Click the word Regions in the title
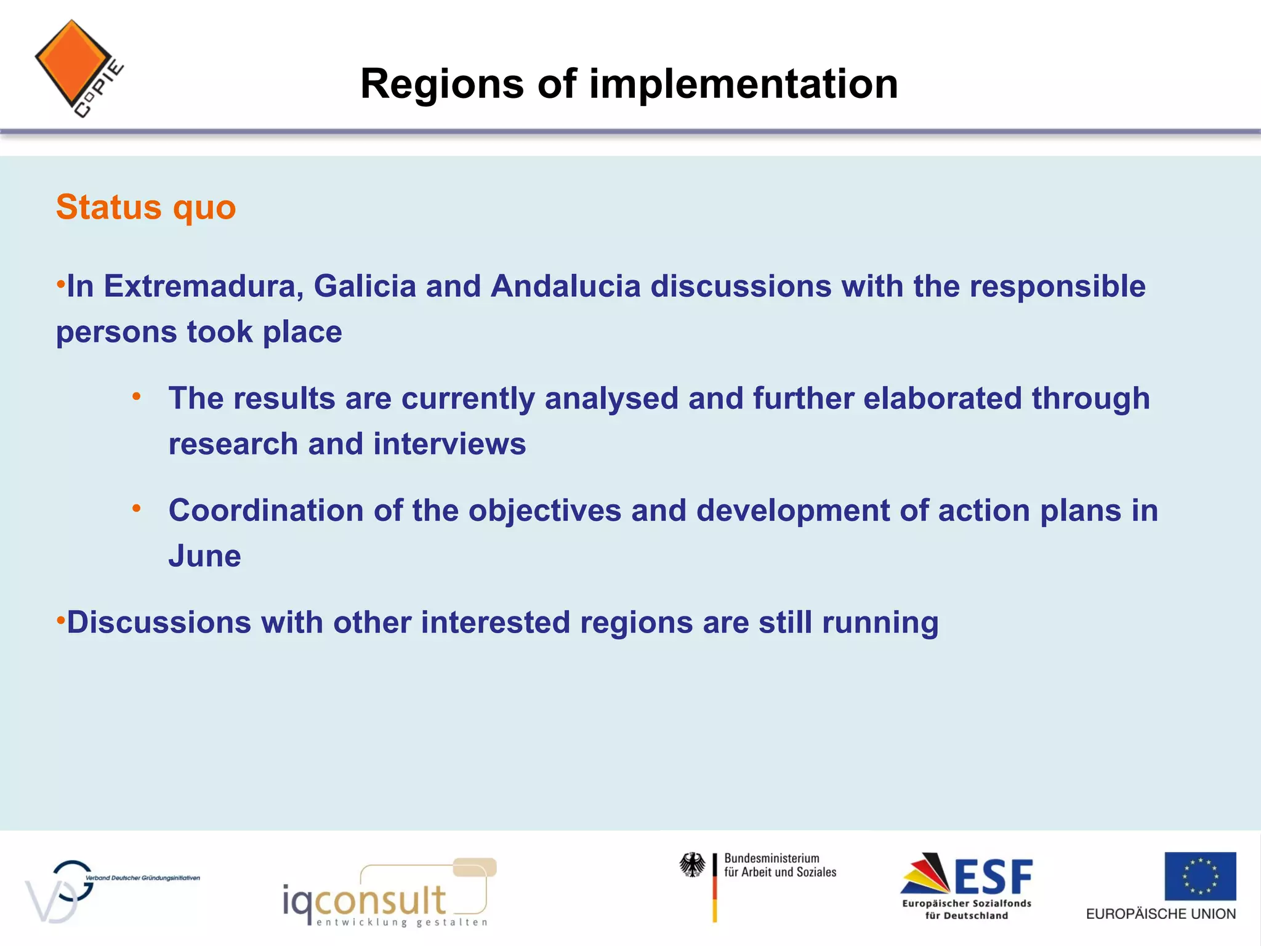(442, 84)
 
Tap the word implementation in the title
(744, 84)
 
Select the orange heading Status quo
(146, 208)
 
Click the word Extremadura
(203, 286)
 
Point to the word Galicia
(365, 286)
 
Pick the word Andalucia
(565, 286)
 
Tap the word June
(204, 556)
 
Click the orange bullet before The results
(137, 397)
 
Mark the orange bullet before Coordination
(137, 509)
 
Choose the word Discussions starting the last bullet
(159, 623)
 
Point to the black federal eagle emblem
(692, 865)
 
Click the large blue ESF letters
(993, 877)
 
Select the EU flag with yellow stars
(1199, 876)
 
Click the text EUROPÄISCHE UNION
(1161, 914)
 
